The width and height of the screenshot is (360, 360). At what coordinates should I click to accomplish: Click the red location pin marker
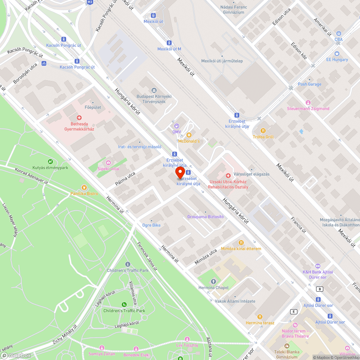pyautogui.click(x=180, y=172)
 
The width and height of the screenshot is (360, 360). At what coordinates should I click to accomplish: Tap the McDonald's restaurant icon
pyautogui.click(x=189, y=135)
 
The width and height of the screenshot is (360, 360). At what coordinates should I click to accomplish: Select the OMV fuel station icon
pyautogui.click(x=176, y=126)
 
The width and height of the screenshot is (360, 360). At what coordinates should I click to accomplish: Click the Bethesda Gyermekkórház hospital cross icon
pyautogui.click(x=79, y=117)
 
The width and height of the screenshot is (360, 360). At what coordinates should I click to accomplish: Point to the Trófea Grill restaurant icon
pyautogui.click(x=263, y=130)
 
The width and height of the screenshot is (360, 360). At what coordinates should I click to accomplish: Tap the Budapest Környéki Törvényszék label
pyautogui.click(x=154, y=99)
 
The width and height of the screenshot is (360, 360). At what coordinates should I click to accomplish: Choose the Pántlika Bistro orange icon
pyautogui.click(x=84, y=187)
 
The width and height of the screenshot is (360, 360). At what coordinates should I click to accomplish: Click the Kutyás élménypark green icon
pyautogui.click(x=50, y=162)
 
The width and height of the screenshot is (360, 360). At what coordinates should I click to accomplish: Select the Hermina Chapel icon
pyautogui.click(x=213, y=281)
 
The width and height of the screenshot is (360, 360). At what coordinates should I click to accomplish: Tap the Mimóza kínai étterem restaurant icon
pyautogui.click(x=241, y=242)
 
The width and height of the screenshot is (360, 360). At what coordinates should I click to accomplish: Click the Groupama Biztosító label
pyautogui.click(x=205, y=217)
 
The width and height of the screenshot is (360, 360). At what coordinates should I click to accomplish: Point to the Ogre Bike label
pyautogui.click(x=151, y=225)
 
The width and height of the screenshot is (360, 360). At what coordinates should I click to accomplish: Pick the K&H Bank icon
pyautogui.click(x=317, y=266)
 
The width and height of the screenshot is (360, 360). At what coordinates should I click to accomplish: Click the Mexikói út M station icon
pyautogui.click(x=169, y=42)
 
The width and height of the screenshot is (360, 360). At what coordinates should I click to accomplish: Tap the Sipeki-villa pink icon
pyautogui.click(x=108, y=163)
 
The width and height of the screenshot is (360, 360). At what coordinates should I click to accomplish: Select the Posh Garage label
pyautogui.click(x=310, y=84)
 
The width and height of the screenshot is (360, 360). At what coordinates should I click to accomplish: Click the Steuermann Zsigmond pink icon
pyautogui.click(x=308, y=103)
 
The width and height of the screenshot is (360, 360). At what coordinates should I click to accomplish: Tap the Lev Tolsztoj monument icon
pyautogui.click(x=187, y=339)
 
